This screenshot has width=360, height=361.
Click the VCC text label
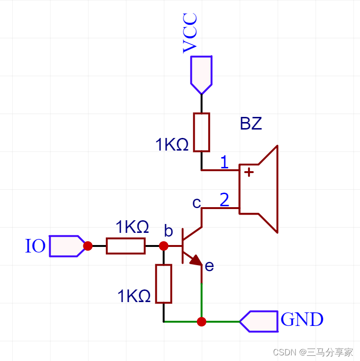[x=190, y=33]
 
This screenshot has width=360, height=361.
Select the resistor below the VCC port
[x=202, y=132]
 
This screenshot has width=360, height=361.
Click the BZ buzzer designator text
[x=250, y=124]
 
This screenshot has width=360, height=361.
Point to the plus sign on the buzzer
[x=249, y=172]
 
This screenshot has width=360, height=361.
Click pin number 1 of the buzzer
[x=224, y=162]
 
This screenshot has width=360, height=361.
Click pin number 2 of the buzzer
[x=224, y=200]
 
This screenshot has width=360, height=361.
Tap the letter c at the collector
[x=197, y=203]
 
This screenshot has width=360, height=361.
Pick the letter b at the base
[x=169, y=231]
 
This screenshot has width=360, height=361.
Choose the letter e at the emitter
[x=209, y=266]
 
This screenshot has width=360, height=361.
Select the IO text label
[x=35, y=246]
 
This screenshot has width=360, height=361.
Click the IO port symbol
[x=66, y=246]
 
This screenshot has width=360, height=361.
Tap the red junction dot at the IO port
[x=88, y=246]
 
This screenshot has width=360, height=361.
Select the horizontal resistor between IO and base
[x=125, y=246]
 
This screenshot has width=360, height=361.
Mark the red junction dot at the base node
[x=163, y=246]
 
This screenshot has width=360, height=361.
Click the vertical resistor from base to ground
[x=163, y=283]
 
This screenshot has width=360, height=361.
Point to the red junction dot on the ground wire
[x=201, y=322]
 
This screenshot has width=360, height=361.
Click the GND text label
[x=302, y=320]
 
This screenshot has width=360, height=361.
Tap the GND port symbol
[x=259, y=321]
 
